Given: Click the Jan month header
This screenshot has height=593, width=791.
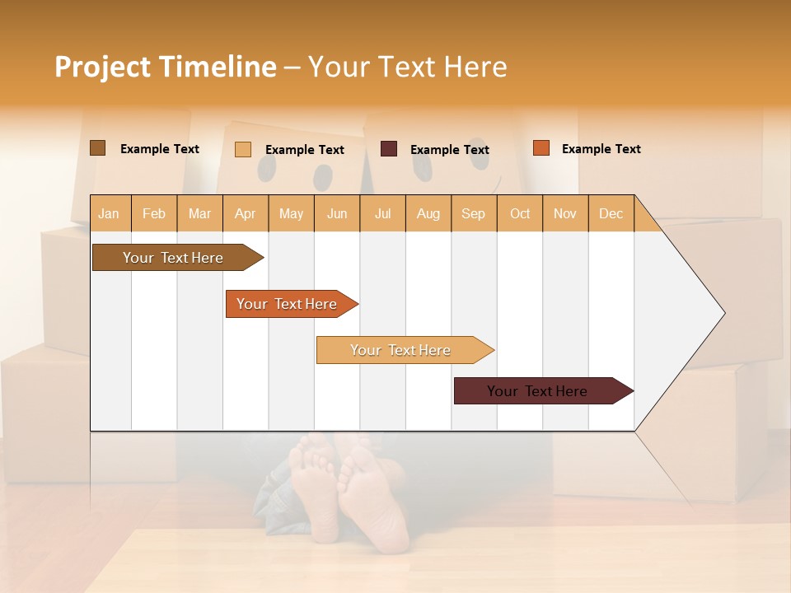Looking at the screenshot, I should tap(109, 213).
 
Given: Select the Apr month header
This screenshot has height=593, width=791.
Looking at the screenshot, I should tap(246, 213).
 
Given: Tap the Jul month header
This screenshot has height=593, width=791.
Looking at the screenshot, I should tap(382, 213).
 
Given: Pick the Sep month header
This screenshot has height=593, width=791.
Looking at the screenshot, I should tap(473, 213).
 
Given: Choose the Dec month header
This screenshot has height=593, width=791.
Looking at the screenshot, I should tap(611, 213).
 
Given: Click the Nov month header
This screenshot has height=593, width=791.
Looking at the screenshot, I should tap(564, 213).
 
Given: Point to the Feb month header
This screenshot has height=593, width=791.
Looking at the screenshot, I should tap(154, 213).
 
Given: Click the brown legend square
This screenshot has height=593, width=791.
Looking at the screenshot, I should tap(97, 148).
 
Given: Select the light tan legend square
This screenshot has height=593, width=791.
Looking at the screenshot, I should tap(242, 149).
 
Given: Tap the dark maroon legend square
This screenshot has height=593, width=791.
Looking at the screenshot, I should tap(389, 149).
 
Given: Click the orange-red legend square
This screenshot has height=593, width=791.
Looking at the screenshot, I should tap(541, 148).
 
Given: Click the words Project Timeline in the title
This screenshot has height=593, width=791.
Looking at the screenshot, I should tap(165, 67).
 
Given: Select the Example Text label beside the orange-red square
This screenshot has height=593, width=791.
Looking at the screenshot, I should tap(601, 149).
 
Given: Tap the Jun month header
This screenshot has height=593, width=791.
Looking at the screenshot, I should tap(337, 213).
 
